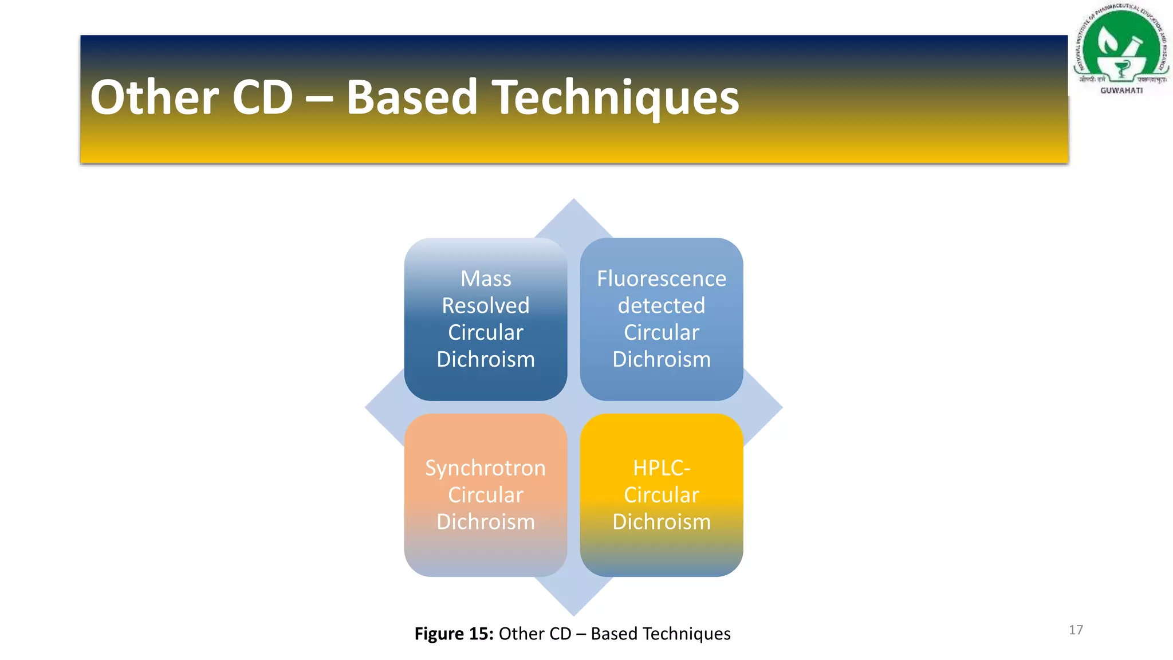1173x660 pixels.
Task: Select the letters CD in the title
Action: pos(263,97)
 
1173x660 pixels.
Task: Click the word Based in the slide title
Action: pos(411,97)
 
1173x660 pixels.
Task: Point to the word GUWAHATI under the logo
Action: pos(1121,91)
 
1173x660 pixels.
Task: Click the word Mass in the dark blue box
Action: pos(486,279)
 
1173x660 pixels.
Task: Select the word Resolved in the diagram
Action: pos(486,306)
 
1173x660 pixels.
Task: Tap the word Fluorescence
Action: pos(662,279)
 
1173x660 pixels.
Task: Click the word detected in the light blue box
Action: pos(662,306)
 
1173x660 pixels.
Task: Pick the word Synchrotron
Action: pos(485,468)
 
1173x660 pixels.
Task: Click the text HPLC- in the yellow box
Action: pos(662,468)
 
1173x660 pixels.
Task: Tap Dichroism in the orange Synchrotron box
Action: pos(486,522)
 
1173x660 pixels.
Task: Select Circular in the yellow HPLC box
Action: pos(662,495)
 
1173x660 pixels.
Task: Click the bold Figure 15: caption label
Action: pos(454,634)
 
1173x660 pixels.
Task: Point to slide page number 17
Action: pos(1076,630)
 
